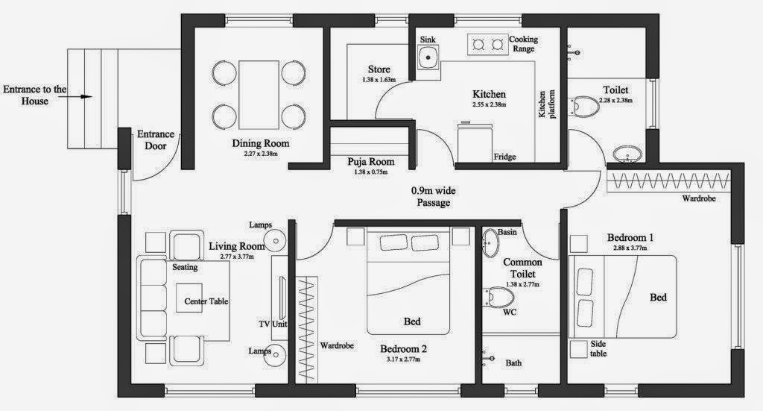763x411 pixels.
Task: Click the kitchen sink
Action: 428,57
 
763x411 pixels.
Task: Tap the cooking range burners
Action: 487,45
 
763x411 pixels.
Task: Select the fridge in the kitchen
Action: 475,142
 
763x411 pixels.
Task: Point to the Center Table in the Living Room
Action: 189,298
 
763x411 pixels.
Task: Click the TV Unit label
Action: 273,324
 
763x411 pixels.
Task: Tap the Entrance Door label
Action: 156,139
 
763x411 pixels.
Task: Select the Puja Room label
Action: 371,162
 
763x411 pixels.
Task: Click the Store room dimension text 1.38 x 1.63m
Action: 379,79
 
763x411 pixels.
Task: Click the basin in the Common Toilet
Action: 490,242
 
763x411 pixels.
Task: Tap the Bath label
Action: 513,363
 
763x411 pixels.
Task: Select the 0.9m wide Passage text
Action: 434,197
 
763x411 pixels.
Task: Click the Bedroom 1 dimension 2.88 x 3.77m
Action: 630,248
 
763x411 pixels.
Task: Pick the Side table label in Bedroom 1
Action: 598,349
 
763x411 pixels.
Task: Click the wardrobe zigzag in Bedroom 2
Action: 306,330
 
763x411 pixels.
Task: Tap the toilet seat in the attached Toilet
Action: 584,107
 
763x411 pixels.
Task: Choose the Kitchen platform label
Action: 546,104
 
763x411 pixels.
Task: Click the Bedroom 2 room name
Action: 403,348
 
